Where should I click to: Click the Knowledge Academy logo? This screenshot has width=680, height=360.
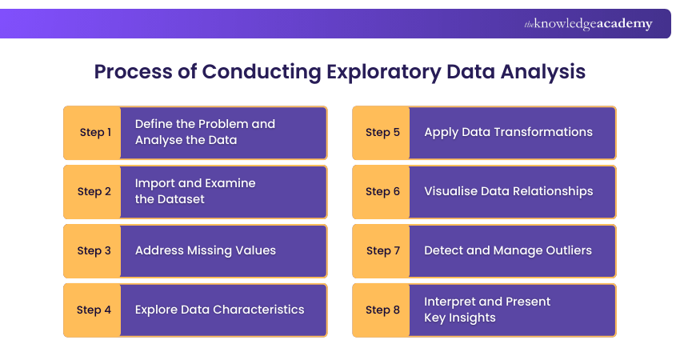click(588, 24)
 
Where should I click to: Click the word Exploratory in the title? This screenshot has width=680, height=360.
click(384, 72)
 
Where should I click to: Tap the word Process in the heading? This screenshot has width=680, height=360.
click(133, 71)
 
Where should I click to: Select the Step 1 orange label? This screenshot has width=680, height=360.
click(92, 133)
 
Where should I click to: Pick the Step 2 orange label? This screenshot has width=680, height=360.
click(92, 192)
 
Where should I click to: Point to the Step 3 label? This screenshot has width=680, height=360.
click(92, 251)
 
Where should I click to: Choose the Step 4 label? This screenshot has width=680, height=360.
click(92, 310)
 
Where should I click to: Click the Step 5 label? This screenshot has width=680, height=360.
click(381, 133)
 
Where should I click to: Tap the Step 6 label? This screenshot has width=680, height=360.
click(381, 192)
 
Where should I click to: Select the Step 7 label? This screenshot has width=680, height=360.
click(381, 251)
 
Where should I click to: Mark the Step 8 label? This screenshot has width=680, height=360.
click(381, 310)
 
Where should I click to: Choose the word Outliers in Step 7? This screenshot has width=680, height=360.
click(569, 250)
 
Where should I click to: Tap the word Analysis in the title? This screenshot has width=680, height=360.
click(543, 72)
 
